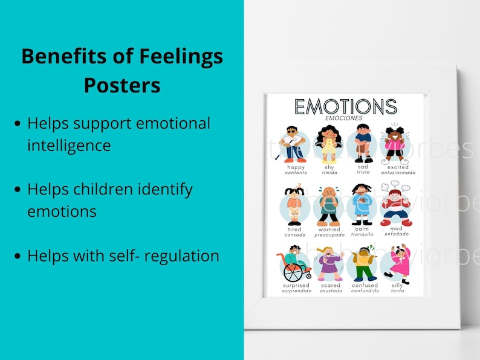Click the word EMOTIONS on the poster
point(345,106)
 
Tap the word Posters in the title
point(122,85)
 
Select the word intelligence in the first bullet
point(69,145)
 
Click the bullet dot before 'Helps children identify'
point(18,189)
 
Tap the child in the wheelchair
point(296,263)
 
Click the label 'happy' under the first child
point(296,167)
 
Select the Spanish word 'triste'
point(363,172)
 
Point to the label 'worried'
point(329,230)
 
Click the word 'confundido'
point(365,291)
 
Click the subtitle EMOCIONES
point(342,118)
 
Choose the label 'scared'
point(330,285)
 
